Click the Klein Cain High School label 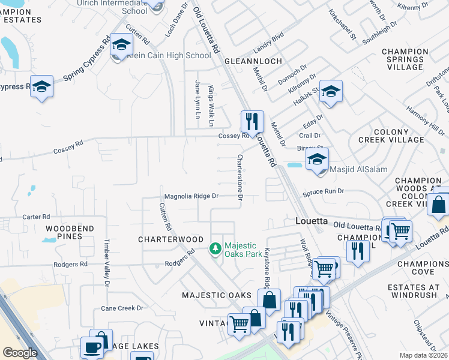coord(169,55)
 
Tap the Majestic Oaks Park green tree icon coord(215,248)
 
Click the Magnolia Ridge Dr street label coord(191,196)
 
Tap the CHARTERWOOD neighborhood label coord(171,239)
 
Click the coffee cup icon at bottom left coord(92,347)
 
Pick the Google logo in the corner coord(20,353)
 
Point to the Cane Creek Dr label coord(122,308)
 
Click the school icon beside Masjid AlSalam coord(317,160)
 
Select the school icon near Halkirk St coord(330,91)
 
